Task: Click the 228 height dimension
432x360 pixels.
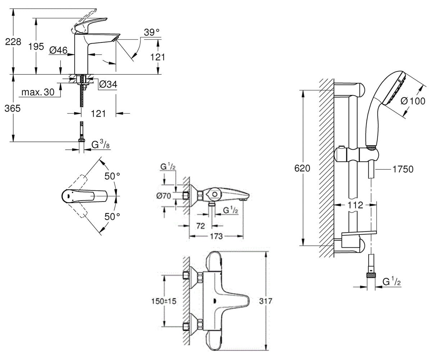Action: (x=13, y=42)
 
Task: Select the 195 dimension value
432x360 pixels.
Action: (x=36, y=46)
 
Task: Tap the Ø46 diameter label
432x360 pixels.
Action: (x=59, y=50)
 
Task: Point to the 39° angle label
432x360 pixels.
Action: (x=152, y=32)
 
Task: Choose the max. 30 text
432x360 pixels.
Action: (x=38, y=92)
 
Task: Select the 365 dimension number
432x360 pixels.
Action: (x=13, y=108)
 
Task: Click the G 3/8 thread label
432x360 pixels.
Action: (x=100, y=144)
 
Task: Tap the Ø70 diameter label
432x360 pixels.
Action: (x=164, y=196)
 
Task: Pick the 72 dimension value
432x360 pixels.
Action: (x=201, y=226)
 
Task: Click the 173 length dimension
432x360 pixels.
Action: (x=216, y=236)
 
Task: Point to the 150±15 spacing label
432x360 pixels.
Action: (x=164, y=301)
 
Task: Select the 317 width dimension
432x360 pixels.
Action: (x=266, y=301)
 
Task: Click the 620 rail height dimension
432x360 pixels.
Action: (x=302, y=168)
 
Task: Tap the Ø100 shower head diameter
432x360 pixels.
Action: (x=413, y=101)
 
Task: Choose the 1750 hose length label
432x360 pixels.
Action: (x=403, y=169)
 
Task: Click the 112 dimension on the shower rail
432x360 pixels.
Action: (x=355, y=205)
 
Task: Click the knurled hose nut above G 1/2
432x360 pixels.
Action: (x=372, y=275)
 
